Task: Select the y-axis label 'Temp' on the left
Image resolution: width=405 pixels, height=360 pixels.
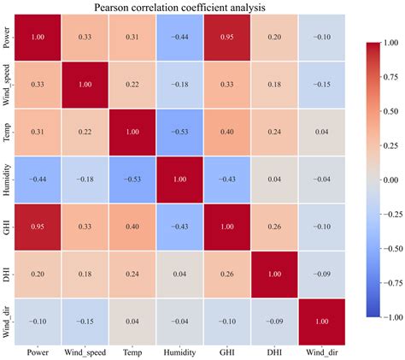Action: pyautogui.click(x=8, y=133)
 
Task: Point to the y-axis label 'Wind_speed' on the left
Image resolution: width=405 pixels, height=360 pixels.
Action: pyautogui.click(x=8, y=86)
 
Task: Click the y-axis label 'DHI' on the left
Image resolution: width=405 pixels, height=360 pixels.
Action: pyautogui.click(x=8, y=275)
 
